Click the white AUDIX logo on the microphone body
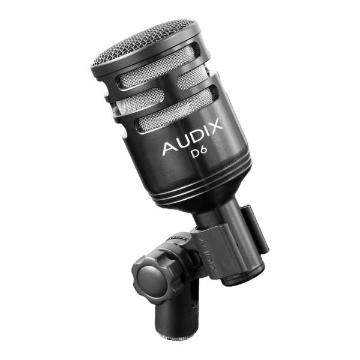point(193,136)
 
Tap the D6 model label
point(200,152)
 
